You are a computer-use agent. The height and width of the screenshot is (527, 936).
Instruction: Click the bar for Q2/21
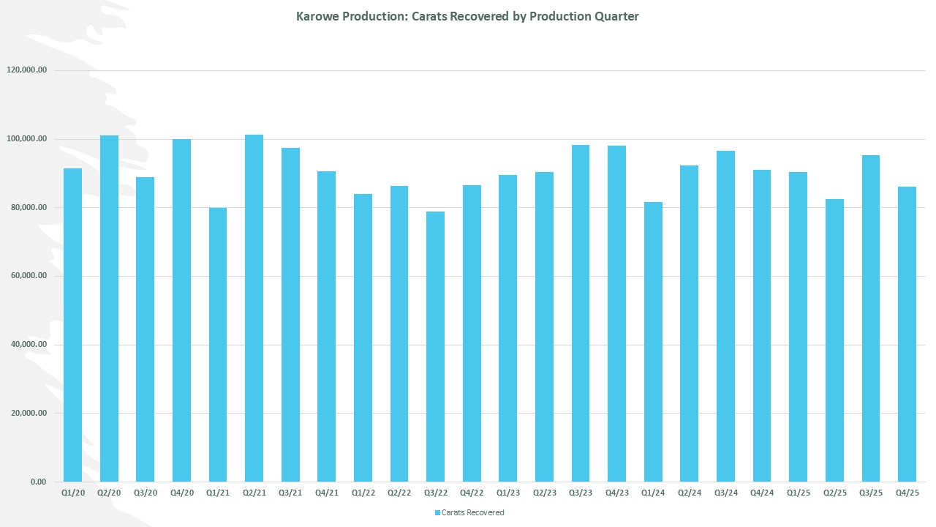pyautogui.click(x=254, y=308)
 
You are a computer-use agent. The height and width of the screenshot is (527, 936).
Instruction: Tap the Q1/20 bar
pyautogui.click(x=72, y=325)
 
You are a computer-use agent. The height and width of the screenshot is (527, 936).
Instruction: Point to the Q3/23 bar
pyautogui.click(x=581, y=313)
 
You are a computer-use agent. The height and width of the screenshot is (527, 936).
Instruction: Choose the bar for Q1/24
pyautogui.click(x=653, y=342)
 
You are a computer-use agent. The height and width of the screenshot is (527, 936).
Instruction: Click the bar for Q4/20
pyautogui.click(x=181, y=310)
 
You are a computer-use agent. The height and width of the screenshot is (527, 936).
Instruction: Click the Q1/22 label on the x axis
pyautogui.click(x=363, y=493)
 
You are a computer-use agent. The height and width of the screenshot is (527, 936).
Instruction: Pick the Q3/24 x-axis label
pyautogui.click(x=725, y=493)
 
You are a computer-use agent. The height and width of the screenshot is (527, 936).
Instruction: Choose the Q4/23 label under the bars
pyautogui.click(x=616, y=493)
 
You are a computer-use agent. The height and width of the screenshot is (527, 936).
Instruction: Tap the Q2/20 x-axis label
pyautogui.click(x=109, y=493)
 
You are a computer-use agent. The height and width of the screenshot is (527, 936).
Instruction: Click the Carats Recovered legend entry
pyautogui.click(x=472, y=512)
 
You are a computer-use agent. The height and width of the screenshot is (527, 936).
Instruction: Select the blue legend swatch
pyautogui.click(x=437, y=512)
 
